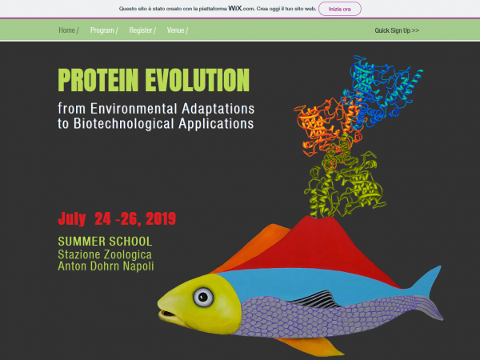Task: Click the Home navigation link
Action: pos(66,30)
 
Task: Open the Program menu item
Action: pos(102,30)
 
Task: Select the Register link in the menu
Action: pos(141,30)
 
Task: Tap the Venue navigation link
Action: pos(175,30)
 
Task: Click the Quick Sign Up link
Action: pos(397,30)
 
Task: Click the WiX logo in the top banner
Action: pos(234,9)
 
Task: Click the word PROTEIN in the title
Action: pos(98,80)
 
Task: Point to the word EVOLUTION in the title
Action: pos(197,80)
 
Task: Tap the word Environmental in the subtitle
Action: pos(134,109)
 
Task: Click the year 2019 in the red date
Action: pos(161,218)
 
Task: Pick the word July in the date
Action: pos(72,219)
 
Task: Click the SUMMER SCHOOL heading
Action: pos(105,242)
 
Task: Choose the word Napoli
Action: pos(138,266)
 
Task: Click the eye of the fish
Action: pos(203,297)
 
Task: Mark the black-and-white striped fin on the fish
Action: pos(315,299)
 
